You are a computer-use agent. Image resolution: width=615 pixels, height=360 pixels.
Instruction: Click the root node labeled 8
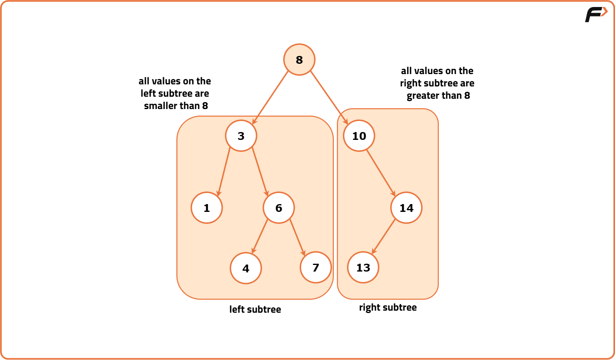(x=299, y=60)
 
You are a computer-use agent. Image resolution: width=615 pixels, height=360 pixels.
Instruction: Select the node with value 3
(x=241, y=136)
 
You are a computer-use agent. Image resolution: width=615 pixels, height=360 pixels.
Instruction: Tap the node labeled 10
(x=359, y=136)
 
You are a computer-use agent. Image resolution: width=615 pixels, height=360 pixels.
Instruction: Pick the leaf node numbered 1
(x=207, y=208)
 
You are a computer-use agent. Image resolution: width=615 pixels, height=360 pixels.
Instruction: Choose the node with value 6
(x=279, y=208)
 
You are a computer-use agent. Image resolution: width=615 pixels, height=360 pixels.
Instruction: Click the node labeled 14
(x=406, y=208)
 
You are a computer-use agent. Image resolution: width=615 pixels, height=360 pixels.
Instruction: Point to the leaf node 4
(x=246, y=268)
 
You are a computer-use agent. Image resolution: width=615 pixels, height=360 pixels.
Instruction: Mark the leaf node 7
(x=316, y=267)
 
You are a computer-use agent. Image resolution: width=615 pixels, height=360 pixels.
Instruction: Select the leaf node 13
(x=363, y=267)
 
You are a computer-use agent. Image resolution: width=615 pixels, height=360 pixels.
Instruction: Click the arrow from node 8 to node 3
(x=270, y=98)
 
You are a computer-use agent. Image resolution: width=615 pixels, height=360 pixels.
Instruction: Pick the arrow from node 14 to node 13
(x=384, y=237)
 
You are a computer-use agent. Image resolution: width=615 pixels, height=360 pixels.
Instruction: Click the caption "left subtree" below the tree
(x=255, y=309)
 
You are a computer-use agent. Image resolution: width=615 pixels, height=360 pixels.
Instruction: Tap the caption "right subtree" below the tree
(x=388, y=307)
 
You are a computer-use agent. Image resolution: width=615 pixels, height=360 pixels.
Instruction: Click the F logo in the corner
(x=595, y=14)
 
